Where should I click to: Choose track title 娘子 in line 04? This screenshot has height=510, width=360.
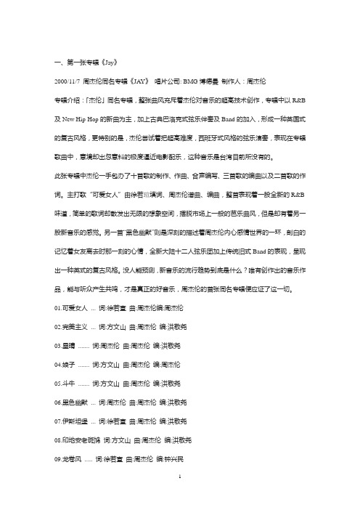tap(70, 362)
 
